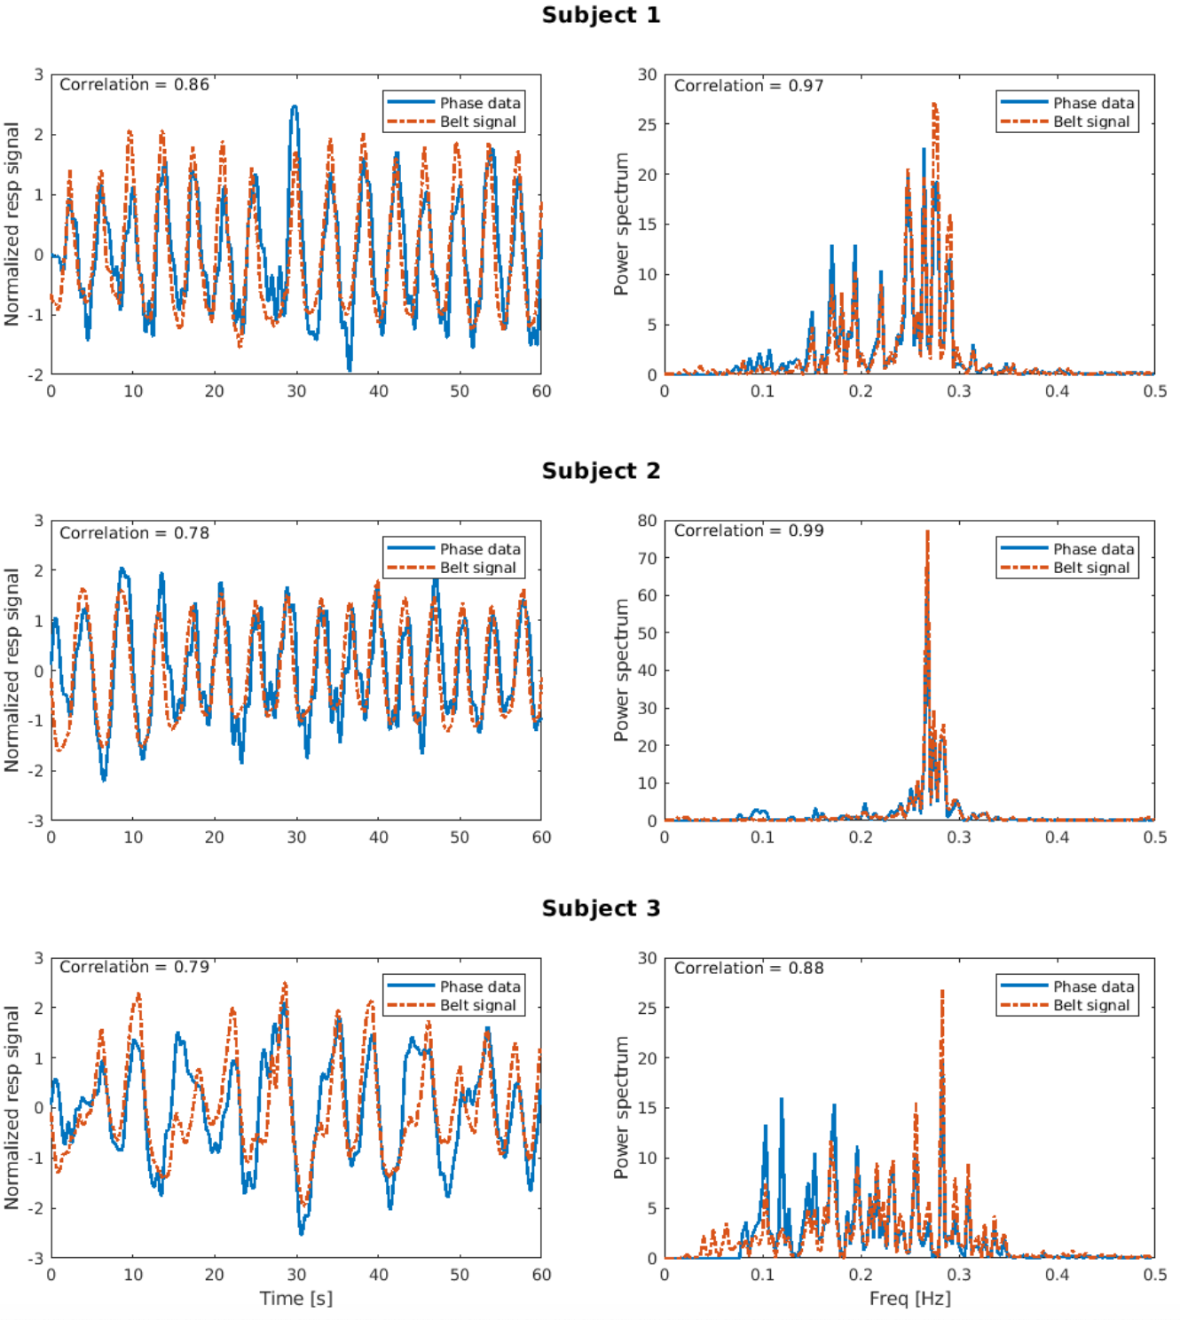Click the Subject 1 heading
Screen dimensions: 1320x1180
(x=601, y=15)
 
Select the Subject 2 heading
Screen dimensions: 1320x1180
(x=601, y=470)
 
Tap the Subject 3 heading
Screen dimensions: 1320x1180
(x=601, y=908)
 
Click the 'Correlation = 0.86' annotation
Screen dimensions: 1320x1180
(x=134, y=85)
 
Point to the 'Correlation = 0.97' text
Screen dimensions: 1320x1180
(x=748, y=86)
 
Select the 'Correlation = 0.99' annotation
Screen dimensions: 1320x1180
(x=748, y=530)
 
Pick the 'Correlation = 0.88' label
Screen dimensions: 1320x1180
(x=748, y=968)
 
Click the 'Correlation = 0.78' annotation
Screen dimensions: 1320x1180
(x=134, y=533)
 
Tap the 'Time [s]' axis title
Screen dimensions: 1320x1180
(x=295, y=1298)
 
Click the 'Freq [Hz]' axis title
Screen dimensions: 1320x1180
(x=909, y=1298)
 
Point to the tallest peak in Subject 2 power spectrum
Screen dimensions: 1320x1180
(x=927, y=532)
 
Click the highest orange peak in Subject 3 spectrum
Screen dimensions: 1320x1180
(x=941, y=992)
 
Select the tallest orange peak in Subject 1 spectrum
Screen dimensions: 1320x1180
(x=934, y=105)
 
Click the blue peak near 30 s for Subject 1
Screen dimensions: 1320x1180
(x=295, y=107)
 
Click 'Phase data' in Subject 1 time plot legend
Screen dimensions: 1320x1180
(x=480, y=103)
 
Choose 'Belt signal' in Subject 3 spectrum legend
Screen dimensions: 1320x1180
(x=1091, y=1005)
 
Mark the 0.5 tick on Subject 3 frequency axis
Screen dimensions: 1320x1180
(x=1154, y=1275)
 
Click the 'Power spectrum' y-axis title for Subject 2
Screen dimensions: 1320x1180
(x=621, y=670)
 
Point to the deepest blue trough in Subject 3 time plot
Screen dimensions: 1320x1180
(x=301, y=1232)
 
